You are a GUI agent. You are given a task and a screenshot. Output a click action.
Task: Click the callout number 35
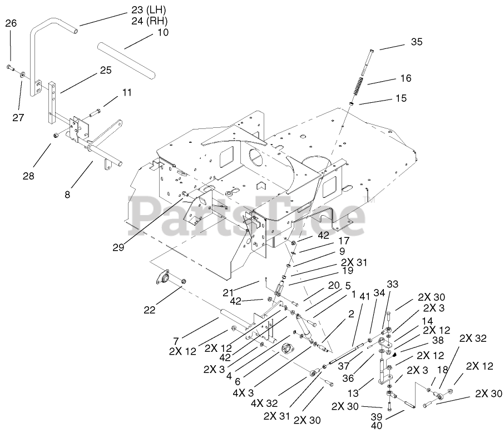tap(417, 41)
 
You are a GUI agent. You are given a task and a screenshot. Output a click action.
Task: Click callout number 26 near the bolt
tap(11, 23)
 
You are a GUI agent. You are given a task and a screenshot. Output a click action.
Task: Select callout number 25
tap(106, 70)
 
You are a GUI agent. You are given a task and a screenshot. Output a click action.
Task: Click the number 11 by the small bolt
tap(127, 92)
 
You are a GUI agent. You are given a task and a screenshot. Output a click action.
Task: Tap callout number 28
tap(28, 176)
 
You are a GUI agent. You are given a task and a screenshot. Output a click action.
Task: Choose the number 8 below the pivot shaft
tap(67, 196)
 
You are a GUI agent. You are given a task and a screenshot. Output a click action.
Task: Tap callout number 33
tap(393, 284)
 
